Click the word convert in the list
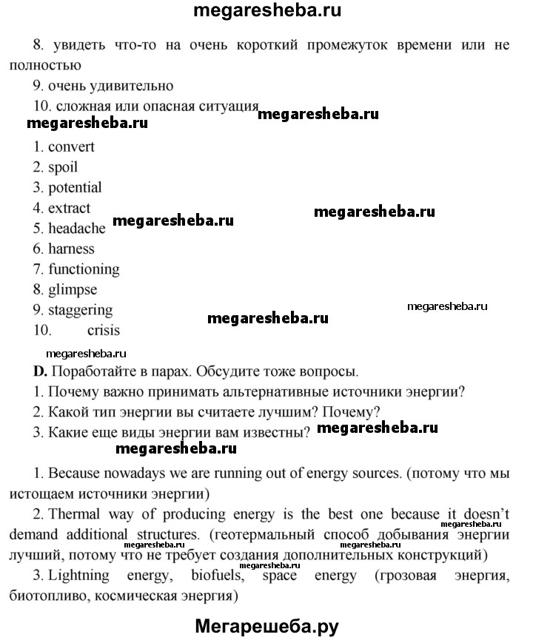point(71,146)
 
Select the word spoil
point(63,167)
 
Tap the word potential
point(75,188)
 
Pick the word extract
point(70,208)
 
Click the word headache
point(77,229)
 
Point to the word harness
point(71,249)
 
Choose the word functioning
point(84,269)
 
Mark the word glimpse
point(73,290)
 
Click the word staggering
point(81,310)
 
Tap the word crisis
point(103,331)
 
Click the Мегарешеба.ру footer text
point(267,626)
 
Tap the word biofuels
point(182,574)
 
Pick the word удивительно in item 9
point(130,86)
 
